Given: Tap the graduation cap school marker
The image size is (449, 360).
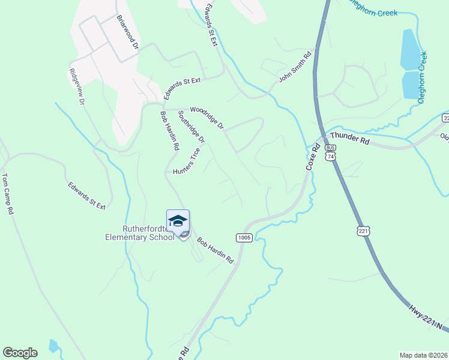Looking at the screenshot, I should tap(178, 221).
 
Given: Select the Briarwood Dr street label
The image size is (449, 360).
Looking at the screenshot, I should tap(128, 32).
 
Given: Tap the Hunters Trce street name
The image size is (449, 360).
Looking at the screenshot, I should tap(187, 162).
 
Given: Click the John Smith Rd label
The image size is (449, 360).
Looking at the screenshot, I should tap(295, 67).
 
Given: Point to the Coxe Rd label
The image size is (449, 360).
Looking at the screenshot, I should tap(310, 158).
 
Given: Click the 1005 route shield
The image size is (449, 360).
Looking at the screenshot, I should tap(243, 237).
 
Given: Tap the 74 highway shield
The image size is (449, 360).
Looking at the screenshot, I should tap(330, 156).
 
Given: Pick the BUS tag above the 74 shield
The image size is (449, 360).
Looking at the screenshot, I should tap(330, 147).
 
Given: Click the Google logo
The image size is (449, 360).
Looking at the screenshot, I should tap(20, 353).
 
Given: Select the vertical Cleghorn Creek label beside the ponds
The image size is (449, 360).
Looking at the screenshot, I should tap(422, 77).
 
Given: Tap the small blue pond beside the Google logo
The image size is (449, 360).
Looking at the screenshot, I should tap(54, 345).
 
